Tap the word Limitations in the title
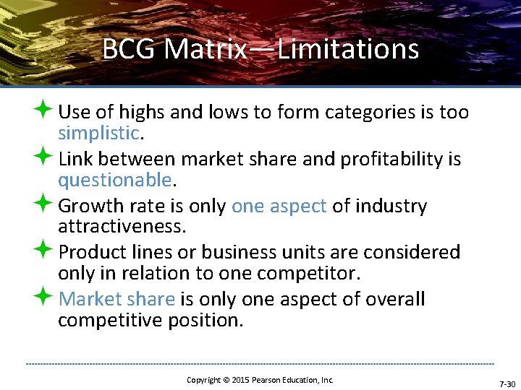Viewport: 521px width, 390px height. (348, 50)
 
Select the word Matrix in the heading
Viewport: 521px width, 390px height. (206, 50)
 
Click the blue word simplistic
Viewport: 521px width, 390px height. (98, 134)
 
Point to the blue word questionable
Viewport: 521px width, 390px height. (114, 180)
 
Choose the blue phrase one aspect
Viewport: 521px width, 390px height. (279, 206)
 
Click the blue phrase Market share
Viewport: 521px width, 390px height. (117, 299)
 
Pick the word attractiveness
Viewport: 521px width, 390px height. (122, 227)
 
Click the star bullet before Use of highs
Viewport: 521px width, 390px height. (43, 110)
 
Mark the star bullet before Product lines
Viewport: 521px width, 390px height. (43, 251)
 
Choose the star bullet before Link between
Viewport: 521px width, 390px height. (43, 157)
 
